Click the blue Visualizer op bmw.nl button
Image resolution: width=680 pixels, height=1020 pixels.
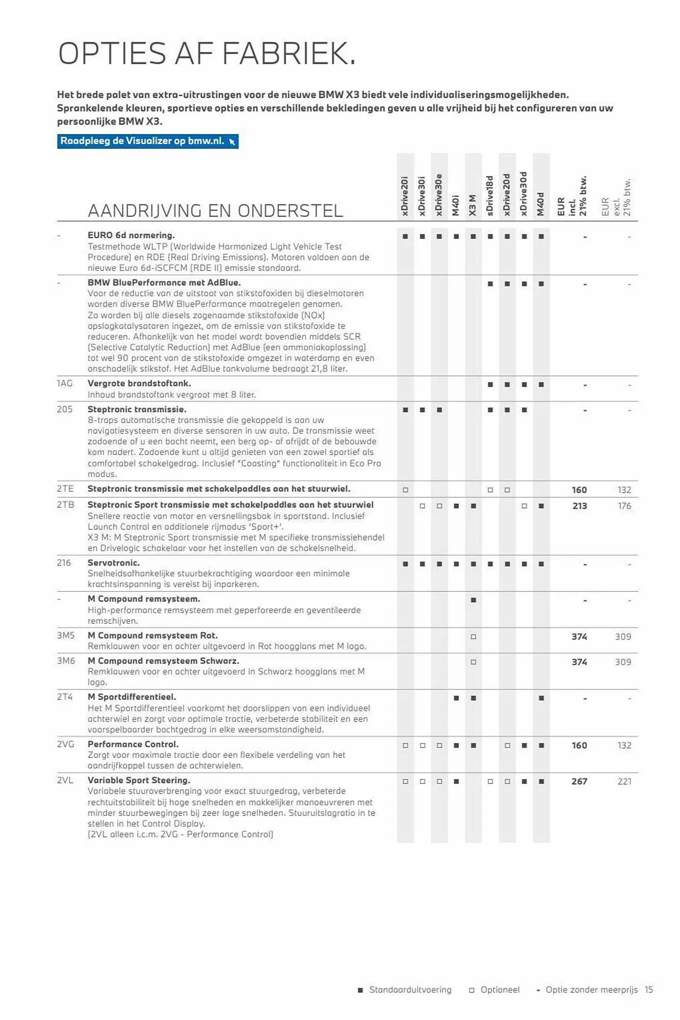pyautogui.click(x=147, y=141)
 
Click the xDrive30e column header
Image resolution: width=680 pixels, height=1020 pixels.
pyautogui.click(x=439, y=195)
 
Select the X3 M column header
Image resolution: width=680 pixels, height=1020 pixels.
pyautogui.click(x=473, y=205)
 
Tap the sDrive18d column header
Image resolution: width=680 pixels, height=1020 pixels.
pyautogui.click(x=490, y=196)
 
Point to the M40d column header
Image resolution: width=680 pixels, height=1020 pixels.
pyautogui.click(x=541, y=204)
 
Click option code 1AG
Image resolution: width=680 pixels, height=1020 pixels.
pyautogui.click(x=65, y=384)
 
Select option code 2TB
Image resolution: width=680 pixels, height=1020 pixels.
pyautogui.click(x=65, y=505)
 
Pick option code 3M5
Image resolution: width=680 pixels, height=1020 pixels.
pyautogui.click(x=66, y=635)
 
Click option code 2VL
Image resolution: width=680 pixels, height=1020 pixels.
pyautogui.click(x=65, y=780)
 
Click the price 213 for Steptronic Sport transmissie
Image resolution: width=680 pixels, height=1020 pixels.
pyautogui.click(x=579, y=506)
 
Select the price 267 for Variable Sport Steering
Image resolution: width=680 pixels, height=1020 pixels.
pyautogui.click(x=579, y=781)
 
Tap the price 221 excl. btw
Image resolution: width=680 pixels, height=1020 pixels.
pyautogui.click(x=624, y=781)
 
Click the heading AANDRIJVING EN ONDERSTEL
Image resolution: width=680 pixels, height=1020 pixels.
pyautogui.click(x=215, y=211)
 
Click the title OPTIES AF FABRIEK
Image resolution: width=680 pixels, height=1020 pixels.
pyautogui.click(x=207, y=54)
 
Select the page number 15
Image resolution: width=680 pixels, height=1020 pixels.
pyautogui.click(x=648, y=989)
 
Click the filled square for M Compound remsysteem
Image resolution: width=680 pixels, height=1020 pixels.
pyautogui.click(x=473, y=600)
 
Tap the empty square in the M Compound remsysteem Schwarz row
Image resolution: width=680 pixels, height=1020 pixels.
pyautogui.click(x=473, y=662)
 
